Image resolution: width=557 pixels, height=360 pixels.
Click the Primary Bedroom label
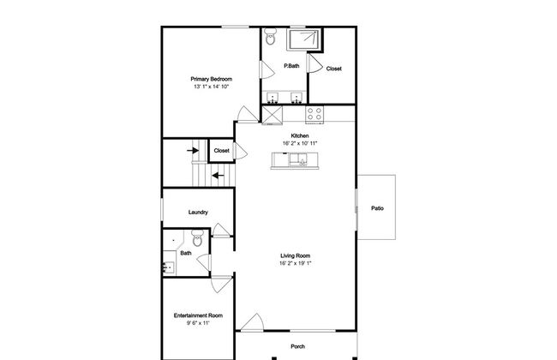[x=212, y=79]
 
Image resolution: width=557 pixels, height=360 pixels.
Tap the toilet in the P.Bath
[x=270, y=37]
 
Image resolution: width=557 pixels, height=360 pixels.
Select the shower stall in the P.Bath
[x=303, y=39]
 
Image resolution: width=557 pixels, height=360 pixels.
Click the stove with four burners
[x=314, y=115]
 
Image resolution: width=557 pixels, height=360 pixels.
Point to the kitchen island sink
[x=298, y=159]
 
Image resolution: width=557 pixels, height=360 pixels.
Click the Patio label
[x=377, y=208]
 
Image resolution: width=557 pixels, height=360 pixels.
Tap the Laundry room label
[x=198, y=213]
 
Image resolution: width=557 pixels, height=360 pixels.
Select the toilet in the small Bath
[x=197, y=237]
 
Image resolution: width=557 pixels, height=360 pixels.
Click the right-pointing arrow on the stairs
[x=193, y=151]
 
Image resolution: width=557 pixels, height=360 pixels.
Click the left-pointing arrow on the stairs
[x=219, y=176]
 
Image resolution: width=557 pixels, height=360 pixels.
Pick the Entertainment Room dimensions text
[x=198, y=323]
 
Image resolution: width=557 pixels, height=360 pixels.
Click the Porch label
[x=297, y=346]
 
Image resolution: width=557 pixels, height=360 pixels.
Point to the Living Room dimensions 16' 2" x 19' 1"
[x=295, y=263]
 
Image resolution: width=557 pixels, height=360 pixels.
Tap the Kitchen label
[x=300, y=135]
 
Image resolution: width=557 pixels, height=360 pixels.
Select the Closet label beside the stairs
[x=221, y=151]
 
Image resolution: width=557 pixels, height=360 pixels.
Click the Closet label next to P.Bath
[x=334, y=69]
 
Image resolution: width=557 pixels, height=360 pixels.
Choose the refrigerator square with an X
[x=273, y=115]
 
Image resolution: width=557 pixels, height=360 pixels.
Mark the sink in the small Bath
[x=169, y=267]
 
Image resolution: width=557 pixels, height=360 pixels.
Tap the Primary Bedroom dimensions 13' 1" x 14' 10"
[x=212, y=87]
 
